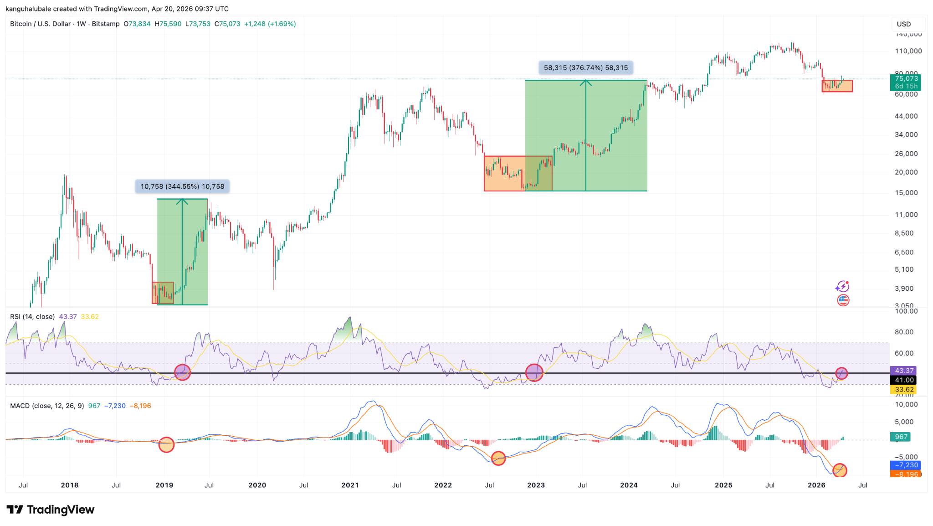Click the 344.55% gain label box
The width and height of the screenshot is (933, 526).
[x=182, y=186]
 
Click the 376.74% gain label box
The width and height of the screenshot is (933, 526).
[x=586, y=68]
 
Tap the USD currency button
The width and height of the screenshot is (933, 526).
[x=904, y=24]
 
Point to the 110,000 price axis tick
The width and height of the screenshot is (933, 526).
[x=908, y=51]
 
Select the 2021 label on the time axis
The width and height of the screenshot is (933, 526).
[x=350, y=485]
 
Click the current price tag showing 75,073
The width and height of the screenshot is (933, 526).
[x=906, y=79]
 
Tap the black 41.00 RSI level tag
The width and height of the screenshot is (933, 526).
[x=904, y=380]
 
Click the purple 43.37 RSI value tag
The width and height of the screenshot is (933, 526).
[x=904, y=371]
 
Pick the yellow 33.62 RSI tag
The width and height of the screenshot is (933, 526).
[x=904, y=389]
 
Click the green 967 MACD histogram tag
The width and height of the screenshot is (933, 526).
[x=901, y=437]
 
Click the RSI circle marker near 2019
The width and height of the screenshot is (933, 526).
[x=182, y=372]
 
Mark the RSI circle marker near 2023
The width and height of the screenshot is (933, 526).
[x=534, y=372]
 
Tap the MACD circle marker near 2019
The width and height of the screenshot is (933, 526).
[x=166, y=444]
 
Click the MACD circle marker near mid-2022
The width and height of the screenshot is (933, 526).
[x=498, y=458]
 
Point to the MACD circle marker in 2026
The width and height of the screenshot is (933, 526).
[x=839, y=470]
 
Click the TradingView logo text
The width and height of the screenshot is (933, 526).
[x=60, y=510]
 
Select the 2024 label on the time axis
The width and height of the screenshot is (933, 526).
[x=629, y=485]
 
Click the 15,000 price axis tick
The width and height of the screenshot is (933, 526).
[x=906, y=193]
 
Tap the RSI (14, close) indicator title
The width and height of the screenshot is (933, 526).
[x=32, y=317]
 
